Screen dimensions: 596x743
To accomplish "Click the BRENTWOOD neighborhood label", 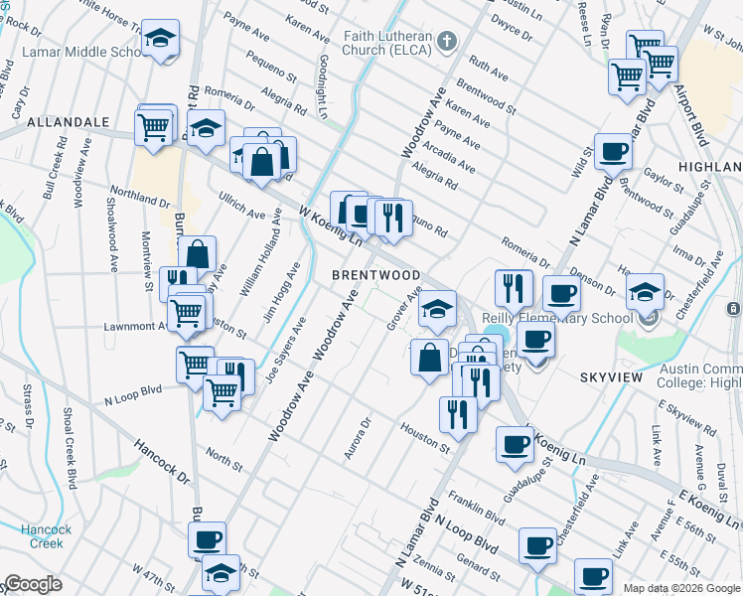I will pyautogui.click(x=375, y=274).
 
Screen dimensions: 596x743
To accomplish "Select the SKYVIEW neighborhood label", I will pyautogui.click(x=613, y=378).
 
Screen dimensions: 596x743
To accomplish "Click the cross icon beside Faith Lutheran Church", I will pyautogui.click(x=446, y=41).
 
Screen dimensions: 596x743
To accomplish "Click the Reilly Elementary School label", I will pyautogui.click(x=556, y=318).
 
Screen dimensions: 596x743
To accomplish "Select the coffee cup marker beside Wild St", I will pyautogui.click(x=614, y=151).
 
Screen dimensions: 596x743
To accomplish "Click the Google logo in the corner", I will pyautogui.click(x=32, y=585).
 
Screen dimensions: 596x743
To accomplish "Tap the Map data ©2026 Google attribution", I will pyautogui.click(x=681, y=588).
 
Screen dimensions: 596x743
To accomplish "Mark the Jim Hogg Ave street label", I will pyautogui.click(x=281, y=295).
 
